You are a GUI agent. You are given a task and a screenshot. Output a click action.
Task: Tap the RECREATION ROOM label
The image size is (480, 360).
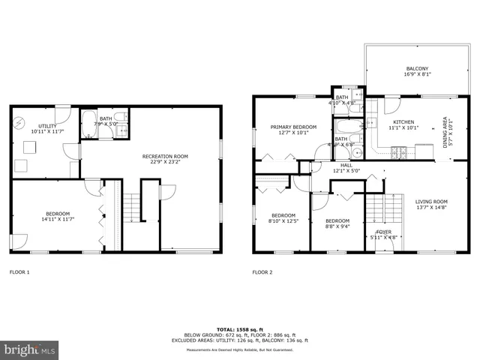pos(165,156)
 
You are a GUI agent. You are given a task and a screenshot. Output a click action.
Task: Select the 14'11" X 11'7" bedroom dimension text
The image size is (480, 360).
pos(56,220)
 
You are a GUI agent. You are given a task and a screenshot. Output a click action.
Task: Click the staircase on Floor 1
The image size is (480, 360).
pos(132,205)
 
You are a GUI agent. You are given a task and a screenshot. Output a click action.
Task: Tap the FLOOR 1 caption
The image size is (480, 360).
pos(19,272)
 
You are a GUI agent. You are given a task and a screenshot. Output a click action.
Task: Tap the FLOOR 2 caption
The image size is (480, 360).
pos(262,272)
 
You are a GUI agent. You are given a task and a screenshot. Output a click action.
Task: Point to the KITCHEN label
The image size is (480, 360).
pos(403,121)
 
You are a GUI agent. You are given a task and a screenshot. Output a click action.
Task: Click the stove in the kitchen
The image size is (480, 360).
pos(400,152)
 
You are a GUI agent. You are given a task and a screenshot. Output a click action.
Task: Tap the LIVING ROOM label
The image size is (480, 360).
pos(431,201)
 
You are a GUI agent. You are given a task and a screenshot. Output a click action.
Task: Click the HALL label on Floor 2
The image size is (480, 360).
pos(346,165)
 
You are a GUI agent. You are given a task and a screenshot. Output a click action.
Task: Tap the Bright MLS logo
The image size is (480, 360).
pos(30,349)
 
